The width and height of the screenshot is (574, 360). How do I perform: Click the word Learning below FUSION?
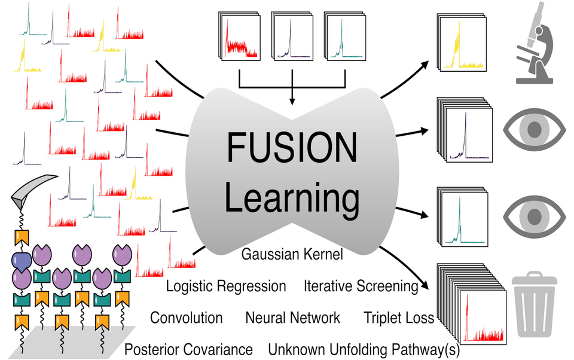coord(292,198)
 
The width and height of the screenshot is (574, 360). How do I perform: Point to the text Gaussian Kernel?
coord(292,255)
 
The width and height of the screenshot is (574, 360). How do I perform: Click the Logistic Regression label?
coord(226,286)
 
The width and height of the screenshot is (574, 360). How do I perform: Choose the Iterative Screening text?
coord(361,286)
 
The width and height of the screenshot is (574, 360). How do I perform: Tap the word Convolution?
coord(186,318)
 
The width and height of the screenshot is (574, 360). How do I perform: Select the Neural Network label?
coord(292,318)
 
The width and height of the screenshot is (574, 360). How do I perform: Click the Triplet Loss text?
coord(399,318)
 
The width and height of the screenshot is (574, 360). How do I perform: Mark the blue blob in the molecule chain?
coord(22,261)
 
